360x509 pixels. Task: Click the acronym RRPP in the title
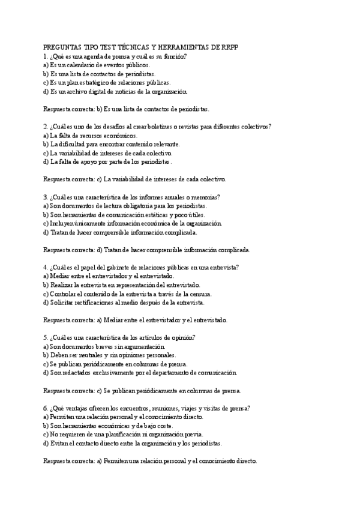pyautogui.click(x=245, y=47)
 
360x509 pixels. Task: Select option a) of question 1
pyautogui.click(x=97, y=65)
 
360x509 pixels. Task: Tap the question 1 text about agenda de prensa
pyautogui.click(x=115, y=56)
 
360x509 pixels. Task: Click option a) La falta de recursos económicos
pyautogui.click(x=94, y=135)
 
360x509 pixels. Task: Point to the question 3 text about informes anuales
pyautogui.click(x=131, y=196)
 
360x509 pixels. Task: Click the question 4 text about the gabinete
pyautogui.click(x=142, y=267)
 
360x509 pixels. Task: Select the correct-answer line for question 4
pyautogui.click(x=136, y=320)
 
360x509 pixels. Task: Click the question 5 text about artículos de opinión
pyautogui.click(x=123, y=337)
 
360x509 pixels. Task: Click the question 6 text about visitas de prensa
pyautogui.click(x=146, y=408)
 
